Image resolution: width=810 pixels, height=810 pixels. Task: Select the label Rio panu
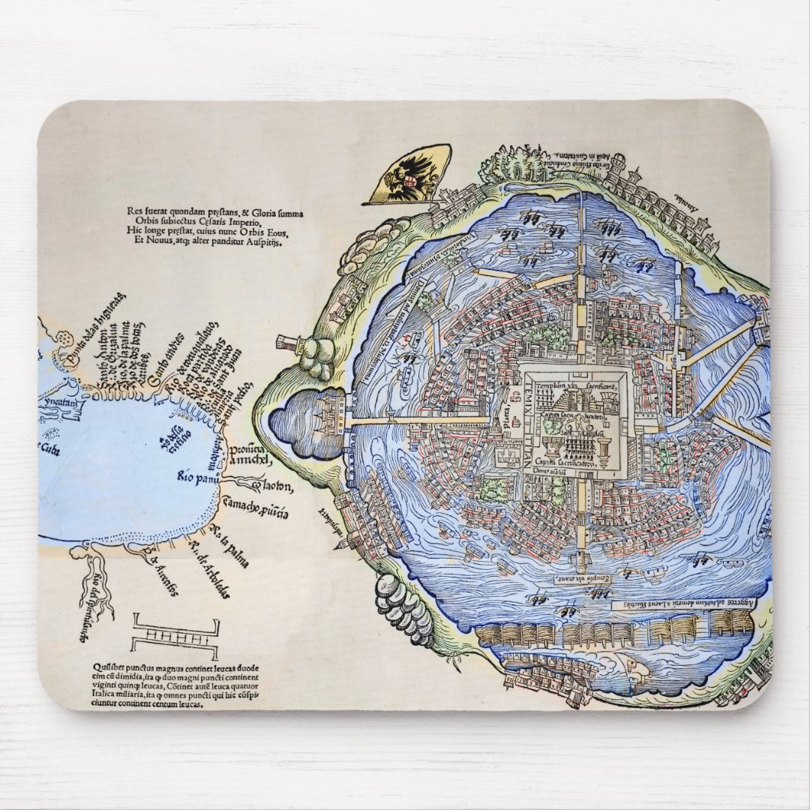(x=197, y=475)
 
